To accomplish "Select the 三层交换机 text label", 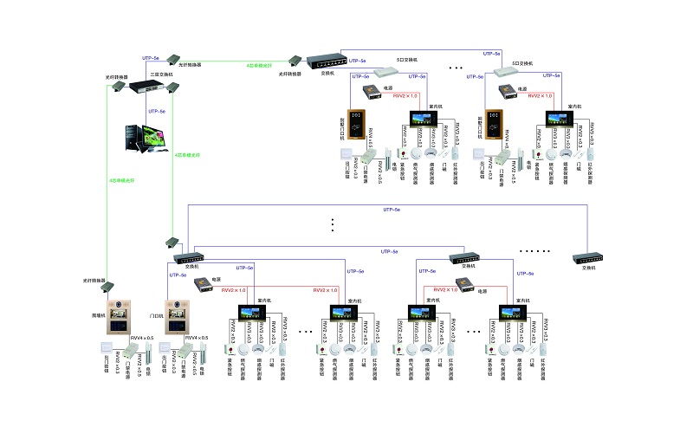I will [160, 75].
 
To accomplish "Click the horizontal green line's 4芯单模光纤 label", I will [258, 65].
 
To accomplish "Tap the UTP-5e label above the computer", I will [157, 112].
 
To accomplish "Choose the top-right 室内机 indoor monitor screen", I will [556, 118].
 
